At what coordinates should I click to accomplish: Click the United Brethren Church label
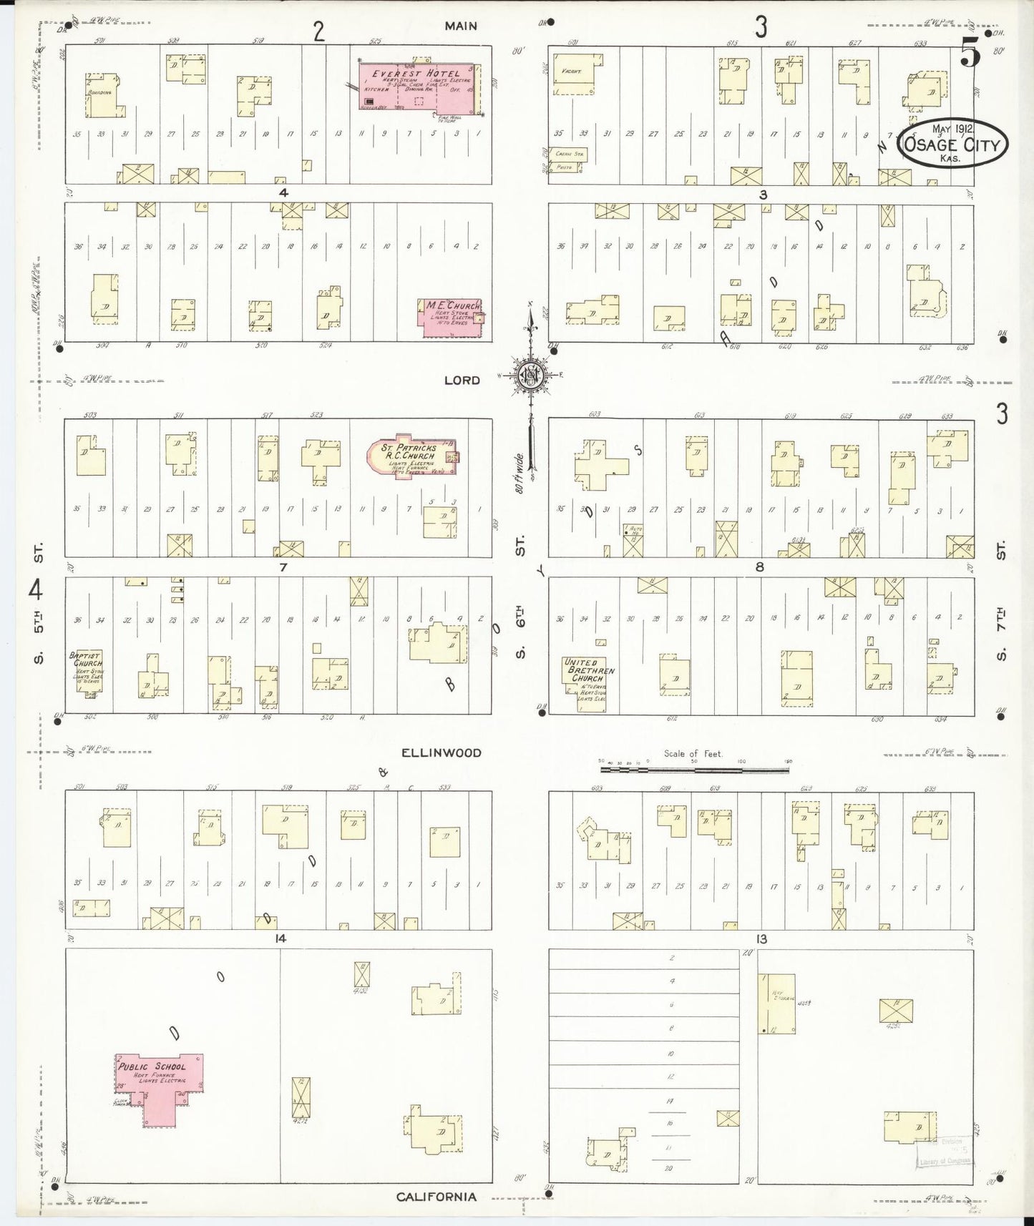coord(589,671)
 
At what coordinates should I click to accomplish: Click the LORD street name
coord(462,380)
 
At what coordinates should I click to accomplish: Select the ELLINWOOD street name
coord(441,752)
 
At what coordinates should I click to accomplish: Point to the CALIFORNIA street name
coord(436,1196)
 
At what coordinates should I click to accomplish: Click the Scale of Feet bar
coord(694,768)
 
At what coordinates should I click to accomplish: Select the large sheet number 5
coord(971,52)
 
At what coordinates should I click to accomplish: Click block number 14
coord(281,938)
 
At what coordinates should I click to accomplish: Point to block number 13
coord(761,938)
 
